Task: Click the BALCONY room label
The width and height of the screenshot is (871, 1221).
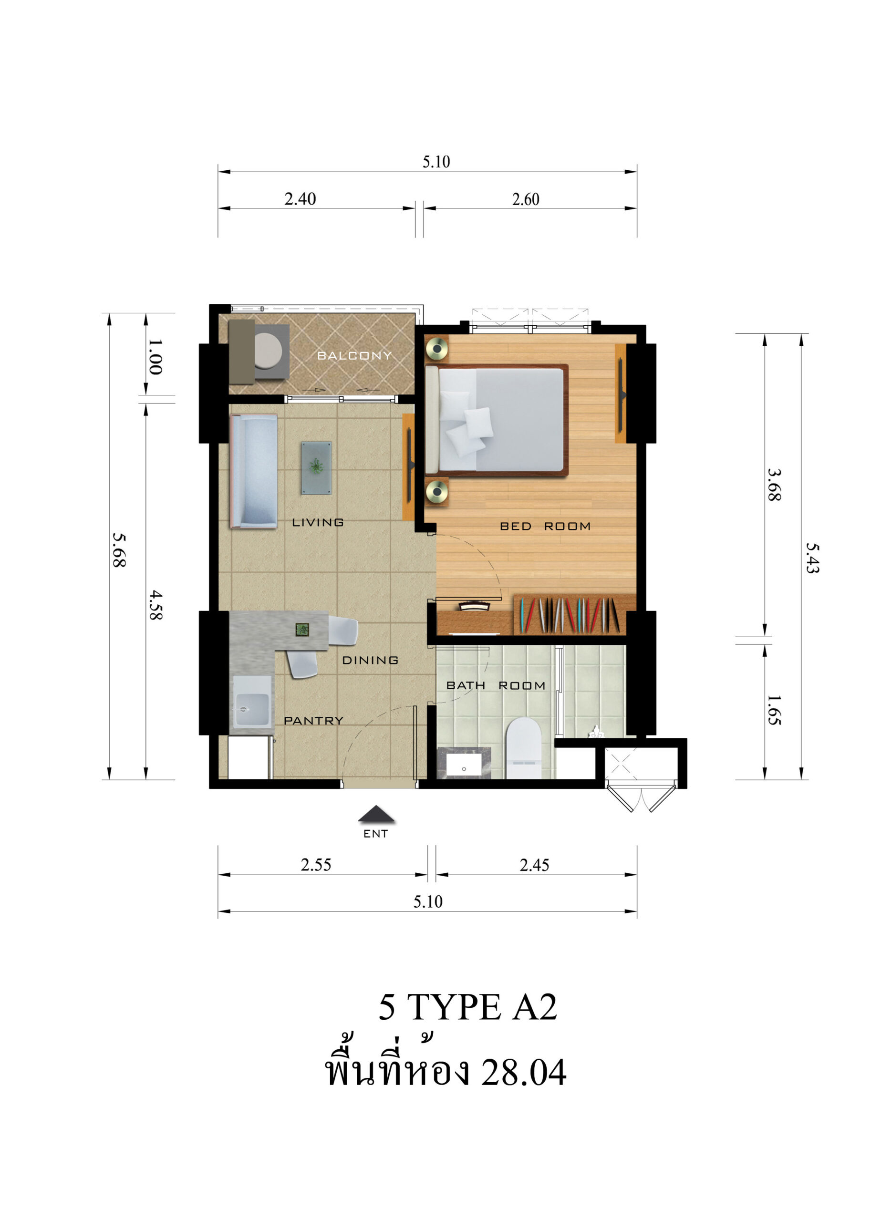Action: pos(354,355)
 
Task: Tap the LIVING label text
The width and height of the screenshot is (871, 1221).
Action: pos(318,522)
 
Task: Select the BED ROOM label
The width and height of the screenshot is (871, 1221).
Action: pos(545,527)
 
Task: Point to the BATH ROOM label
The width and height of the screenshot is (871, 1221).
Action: pos(496,685)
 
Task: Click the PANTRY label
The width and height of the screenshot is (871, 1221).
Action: pos(313,721)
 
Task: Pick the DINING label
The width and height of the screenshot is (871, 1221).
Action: pos(370,660)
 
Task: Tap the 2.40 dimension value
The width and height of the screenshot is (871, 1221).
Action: pos(300,199)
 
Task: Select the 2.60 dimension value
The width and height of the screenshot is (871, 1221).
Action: pos(526,199)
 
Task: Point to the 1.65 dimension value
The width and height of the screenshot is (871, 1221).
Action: pos(773,711)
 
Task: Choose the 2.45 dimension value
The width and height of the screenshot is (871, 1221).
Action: pos(534,865)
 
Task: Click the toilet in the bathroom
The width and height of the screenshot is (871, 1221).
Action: pos(523,748)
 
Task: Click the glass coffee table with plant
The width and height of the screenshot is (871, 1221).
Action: pos(316,467)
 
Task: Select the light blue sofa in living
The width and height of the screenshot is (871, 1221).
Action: pos(254,471)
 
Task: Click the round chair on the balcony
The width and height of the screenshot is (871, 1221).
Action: pos(268,351)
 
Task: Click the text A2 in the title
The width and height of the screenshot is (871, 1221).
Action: pos(535,1006)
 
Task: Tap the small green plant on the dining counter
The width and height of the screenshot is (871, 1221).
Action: pos(302,630)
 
